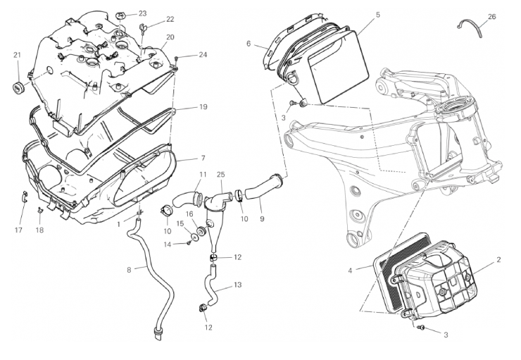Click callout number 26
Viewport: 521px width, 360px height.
(491, 15)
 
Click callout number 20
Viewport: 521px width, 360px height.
(170, 37)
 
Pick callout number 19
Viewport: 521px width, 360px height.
(203, 107)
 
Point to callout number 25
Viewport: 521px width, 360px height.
(221, 174)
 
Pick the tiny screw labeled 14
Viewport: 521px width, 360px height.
(189, 244)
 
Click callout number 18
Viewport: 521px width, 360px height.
(39, 230)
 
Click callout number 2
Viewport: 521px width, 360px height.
(498, 260)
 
